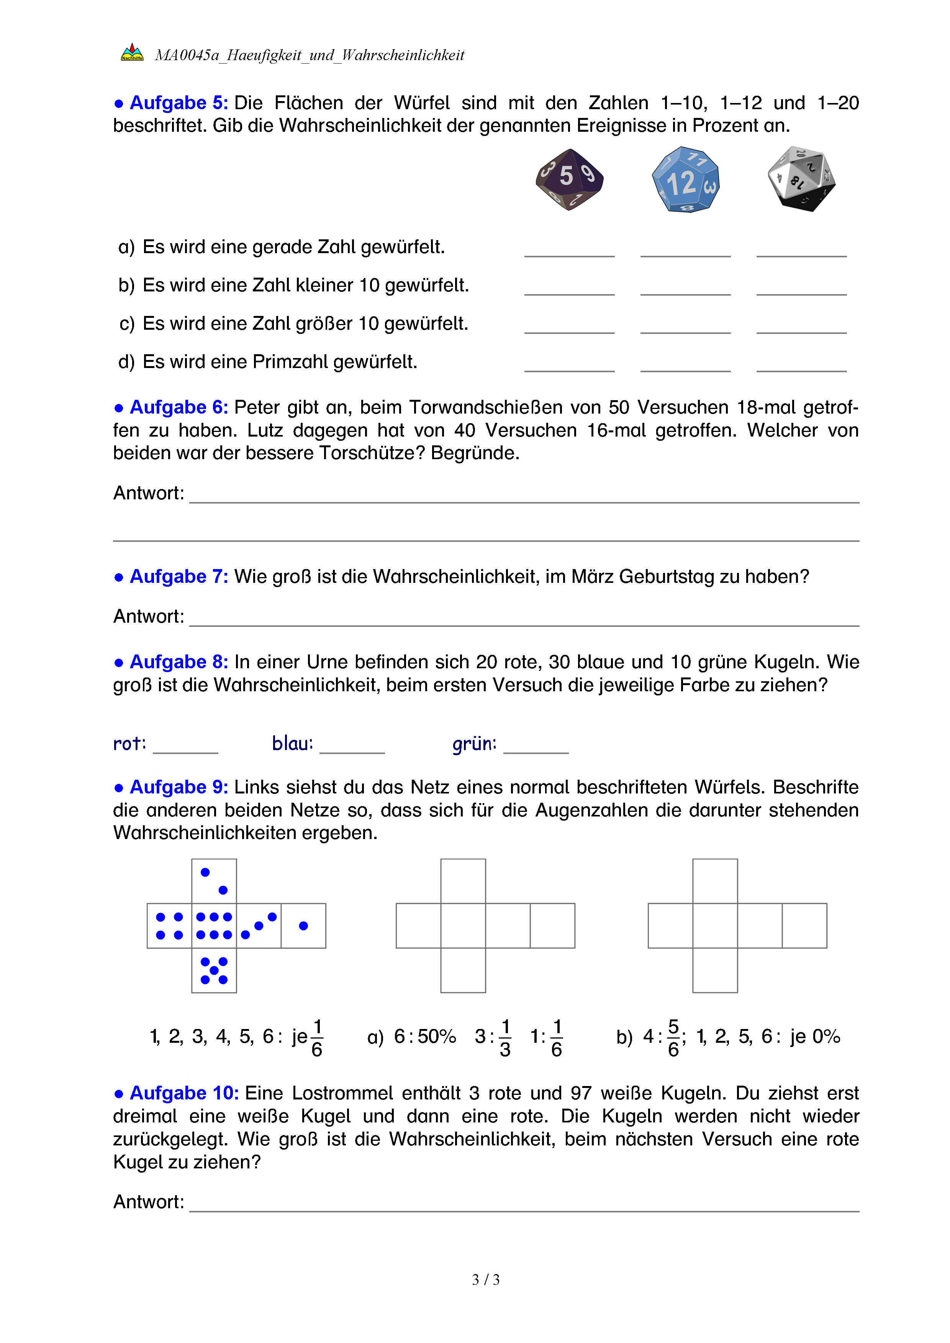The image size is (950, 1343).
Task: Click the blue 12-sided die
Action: pos(686,180)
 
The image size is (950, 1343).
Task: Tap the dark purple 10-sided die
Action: pos(569,179)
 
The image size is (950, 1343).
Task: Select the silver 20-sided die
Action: pos(801,178)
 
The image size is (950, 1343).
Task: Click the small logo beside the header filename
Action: pos(132,53)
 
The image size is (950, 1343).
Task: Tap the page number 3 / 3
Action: pos(485,1280)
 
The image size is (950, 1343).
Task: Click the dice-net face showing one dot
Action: pos(303,925)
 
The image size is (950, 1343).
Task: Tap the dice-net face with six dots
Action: pos(214,925)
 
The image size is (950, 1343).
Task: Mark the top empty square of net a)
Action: pos(463,881)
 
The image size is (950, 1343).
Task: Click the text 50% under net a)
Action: pos(436,1037)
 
